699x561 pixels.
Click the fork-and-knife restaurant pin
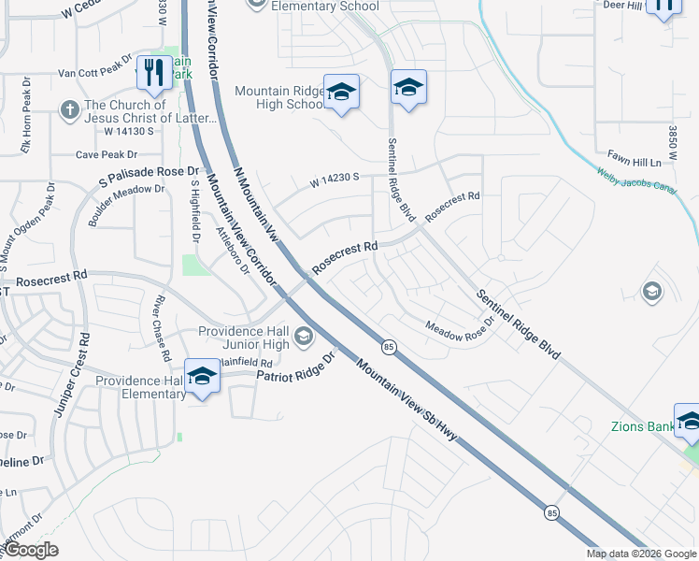(x=154, y=71)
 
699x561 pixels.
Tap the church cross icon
(x=69, y=110)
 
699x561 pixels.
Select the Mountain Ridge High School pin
(x=342, y=92)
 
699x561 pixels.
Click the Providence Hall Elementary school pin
(x=201, y=377)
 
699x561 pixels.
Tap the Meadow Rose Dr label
(x=458, y=331)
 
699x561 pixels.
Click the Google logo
(x=31, y=550)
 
